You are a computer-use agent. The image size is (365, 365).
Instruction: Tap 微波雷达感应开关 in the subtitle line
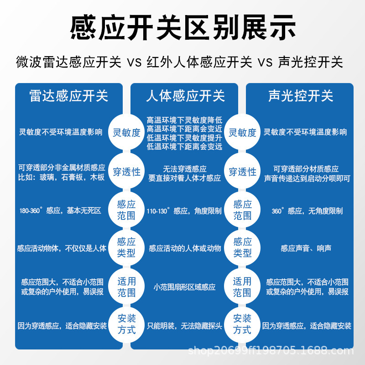click(x=69, y=63)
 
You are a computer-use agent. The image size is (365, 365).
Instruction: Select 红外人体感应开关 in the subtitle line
click(x=199, y=63)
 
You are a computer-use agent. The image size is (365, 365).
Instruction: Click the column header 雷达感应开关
click(x=69, y=96)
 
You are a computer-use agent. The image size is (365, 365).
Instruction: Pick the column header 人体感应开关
click(x=185, y=96)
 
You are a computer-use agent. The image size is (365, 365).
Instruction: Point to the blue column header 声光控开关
click(x=301, y=96)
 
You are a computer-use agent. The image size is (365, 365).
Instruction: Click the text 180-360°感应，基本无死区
click(x=60, y=211)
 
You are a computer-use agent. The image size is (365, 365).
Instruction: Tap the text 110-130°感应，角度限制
click(x=184, y=211)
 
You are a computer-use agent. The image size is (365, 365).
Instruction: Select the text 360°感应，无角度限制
click(x=307, y=211)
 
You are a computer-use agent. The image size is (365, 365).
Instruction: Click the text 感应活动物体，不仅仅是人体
click(x=62, y=248)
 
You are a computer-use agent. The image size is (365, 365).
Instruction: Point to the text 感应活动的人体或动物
click(x=185, y=248)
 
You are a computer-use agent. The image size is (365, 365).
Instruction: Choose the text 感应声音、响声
click(x=306, y=248)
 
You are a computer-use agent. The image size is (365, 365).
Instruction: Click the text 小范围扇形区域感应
click(x=184, y=287)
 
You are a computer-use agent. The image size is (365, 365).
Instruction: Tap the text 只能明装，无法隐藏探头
click(x=184, y=326)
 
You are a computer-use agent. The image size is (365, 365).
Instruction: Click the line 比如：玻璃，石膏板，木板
click(x=62, y=177)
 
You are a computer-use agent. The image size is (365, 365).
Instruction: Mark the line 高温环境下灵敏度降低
click(x=184, y=120)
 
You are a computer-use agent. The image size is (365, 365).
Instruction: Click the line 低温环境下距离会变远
click(x=184, y=146)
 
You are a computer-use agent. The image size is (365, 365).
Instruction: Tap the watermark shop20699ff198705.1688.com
click(x=271, y=350)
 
